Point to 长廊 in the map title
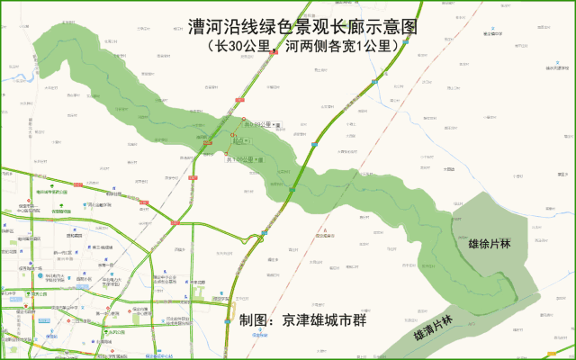pos(344,27)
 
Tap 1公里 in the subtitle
pos(373,46)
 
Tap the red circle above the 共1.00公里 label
pos(227,154)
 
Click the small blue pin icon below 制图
pos(256,332)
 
